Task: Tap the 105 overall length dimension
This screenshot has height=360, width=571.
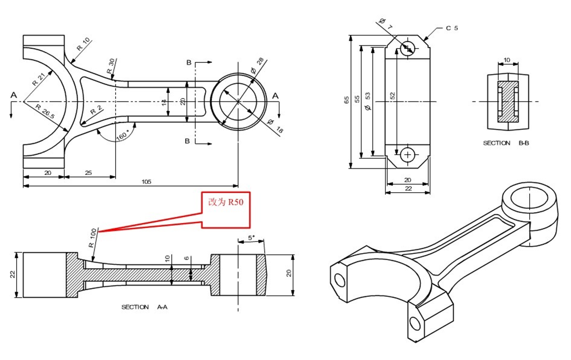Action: pos(147,182)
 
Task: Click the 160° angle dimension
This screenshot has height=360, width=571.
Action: pos(122,136)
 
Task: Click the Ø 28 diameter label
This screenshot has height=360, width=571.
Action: pos(257,66)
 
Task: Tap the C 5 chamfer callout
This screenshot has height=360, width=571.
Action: pos(452,28)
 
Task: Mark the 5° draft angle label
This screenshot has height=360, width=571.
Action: pos(252,237)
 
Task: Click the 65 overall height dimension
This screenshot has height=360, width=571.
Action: pos(346,100)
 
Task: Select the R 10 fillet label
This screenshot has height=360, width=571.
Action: pos(83,47)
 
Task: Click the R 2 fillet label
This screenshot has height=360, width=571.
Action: pos(96,110)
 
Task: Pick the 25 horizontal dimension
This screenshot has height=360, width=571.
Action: pos(89,173)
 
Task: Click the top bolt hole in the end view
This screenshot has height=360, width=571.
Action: pos(407,48)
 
